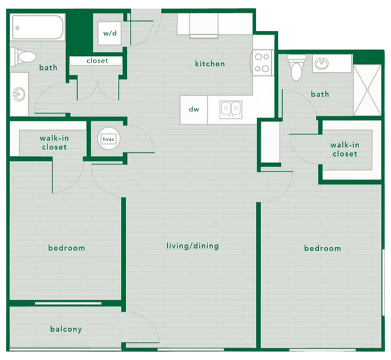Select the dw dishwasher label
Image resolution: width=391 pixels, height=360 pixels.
pyautogui.click(x=194, y=110)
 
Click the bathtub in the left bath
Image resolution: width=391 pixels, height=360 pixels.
pyautogui.click(x=37, y=26)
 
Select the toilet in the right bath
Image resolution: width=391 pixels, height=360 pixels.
pyautogui.click(x=296, y=67)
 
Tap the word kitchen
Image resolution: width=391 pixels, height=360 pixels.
pyautogui.click(x=209, y=64)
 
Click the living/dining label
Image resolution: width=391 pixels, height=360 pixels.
pyautogui.click(x=192, y=246)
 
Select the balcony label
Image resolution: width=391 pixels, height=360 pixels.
pyautogui.click(x=66, y=329)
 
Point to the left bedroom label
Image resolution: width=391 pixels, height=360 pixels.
pyautogui.click(x=66, y=247)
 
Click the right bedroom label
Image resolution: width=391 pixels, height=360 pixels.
pyautogui.click(x=322, y=248)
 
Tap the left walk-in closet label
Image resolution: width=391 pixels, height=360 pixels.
pyautogui.click(x=54, y=142)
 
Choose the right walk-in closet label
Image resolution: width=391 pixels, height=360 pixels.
pyautogui.click(x=343, y=149)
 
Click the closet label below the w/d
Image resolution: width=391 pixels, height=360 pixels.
pyautogui.click(x=97, y=61)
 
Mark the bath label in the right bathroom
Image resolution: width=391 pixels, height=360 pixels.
pyautogui.click(x=320, y=94)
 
